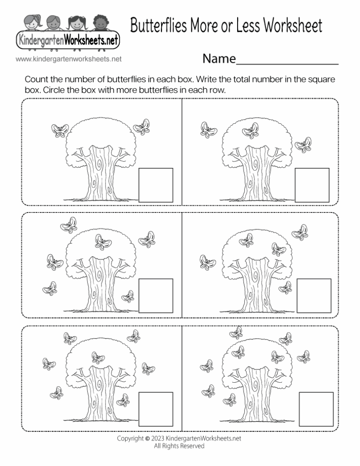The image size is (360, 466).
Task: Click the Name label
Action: pos(218,59)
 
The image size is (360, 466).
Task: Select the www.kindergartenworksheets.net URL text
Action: pos(68,59)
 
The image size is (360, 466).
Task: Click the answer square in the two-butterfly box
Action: pos(156,185)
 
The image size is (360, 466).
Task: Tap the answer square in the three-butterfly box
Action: pos(312,185)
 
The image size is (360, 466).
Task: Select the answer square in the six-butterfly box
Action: pos(156,295)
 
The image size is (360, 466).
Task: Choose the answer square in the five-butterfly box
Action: pos(312,295)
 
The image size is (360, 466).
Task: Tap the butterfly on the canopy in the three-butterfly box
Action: pos(250,131)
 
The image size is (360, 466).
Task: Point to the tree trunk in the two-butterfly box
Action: pos(97,173)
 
